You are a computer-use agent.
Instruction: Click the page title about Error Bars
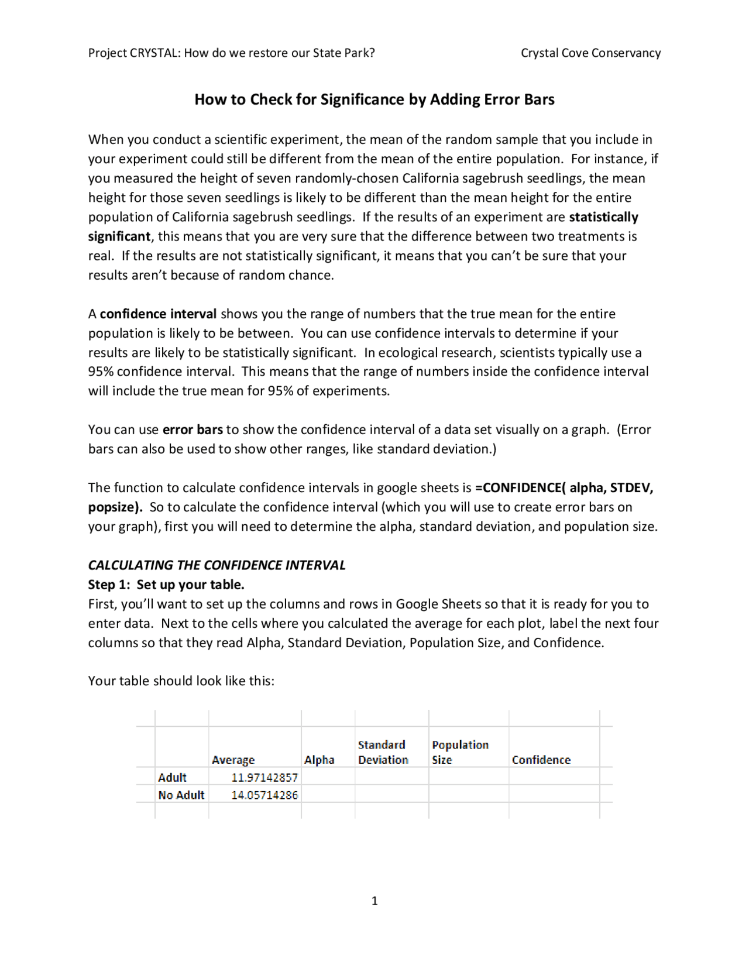374,99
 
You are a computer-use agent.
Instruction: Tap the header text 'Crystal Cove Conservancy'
590,53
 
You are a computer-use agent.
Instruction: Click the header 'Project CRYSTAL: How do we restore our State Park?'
231,53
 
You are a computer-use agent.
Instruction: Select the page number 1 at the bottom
374,901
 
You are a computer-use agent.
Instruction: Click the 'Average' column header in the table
233,760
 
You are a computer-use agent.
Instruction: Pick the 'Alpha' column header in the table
319,760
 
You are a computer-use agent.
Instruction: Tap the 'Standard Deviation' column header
383,752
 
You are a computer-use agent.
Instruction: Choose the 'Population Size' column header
460,752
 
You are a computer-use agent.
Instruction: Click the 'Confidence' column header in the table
541,760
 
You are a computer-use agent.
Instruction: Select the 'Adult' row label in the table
172,778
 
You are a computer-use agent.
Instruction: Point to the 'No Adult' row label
181,795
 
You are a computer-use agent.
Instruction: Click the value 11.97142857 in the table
264,778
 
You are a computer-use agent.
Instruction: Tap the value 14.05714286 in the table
264,795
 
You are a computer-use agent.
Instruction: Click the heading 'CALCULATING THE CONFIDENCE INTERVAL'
217,565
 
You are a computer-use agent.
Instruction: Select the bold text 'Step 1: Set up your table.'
166,585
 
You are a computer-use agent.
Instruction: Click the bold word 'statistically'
603,217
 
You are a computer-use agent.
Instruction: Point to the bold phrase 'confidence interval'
158,314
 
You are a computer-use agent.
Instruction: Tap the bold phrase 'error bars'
193,430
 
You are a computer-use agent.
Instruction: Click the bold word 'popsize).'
115,507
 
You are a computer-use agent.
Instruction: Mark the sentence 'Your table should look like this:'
181,681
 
